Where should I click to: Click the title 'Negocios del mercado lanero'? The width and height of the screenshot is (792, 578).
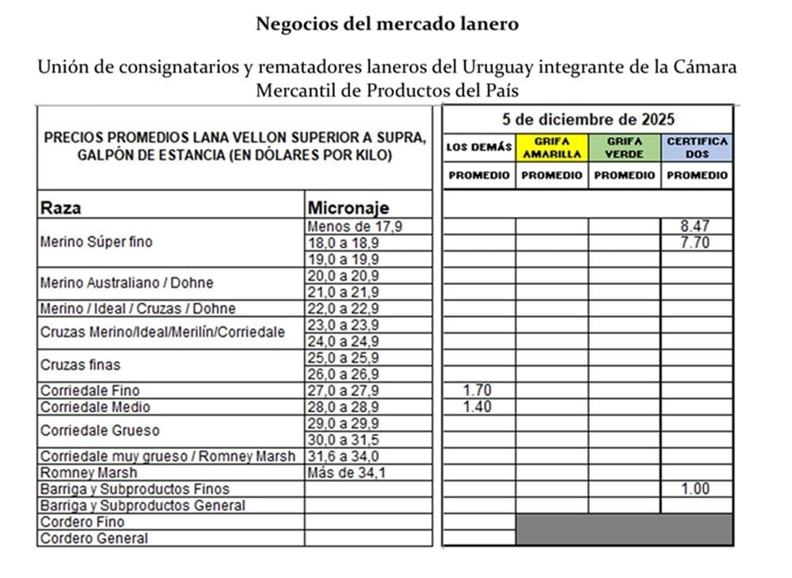tap(387, 24)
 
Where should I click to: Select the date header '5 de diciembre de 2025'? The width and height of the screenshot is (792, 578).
tap(588, 120)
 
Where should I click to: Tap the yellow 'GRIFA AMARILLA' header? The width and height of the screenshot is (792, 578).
tap(552, 147)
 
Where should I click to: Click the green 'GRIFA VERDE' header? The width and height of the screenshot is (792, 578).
tap(625, 147)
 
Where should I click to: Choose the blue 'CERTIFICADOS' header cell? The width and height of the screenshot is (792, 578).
tap(697, 147)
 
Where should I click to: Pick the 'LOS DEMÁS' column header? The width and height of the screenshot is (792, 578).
tap(478, 147)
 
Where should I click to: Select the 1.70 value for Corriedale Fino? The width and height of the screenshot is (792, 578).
tap(478, 390)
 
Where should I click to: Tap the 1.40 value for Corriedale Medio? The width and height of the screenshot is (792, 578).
tap(478, 407)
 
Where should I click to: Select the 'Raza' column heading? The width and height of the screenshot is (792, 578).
tap(60, 208)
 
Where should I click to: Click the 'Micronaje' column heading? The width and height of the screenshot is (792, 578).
tap(348, 208)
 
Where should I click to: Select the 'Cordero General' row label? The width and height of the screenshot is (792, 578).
tap(93, 538)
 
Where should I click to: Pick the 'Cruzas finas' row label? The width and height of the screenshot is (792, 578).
tap(80, 365)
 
